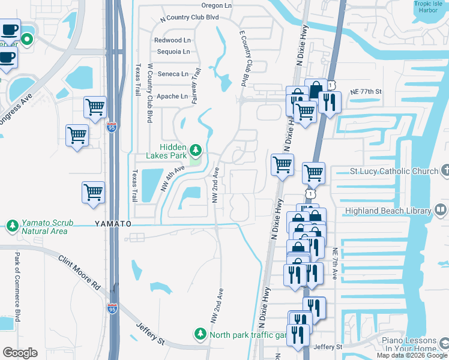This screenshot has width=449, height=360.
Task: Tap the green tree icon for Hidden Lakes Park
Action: coord(195,149)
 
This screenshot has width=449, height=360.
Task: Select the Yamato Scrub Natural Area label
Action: coord(47,227)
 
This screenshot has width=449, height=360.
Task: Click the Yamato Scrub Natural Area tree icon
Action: coord(11,226)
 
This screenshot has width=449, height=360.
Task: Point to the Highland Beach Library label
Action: coord(388,211)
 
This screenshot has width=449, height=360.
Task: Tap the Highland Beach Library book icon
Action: coord(441,210)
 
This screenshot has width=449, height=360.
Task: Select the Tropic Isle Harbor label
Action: coord(432,7)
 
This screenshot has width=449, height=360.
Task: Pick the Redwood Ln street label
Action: coord(172,40)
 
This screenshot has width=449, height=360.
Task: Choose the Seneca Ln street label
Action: coord(173,74)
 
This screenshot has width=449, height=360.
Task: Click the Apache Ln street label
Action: coord(172,96)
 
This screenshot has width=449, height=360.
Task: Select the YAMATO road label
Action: coord(112,223)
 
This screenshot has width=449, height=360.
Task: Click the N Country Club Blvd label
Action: coord(189,18)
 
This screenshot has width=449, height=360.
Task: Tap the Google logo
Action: coord(20,353)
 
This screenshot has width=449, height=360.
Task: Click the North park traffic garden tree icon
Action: coord(200,333)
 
